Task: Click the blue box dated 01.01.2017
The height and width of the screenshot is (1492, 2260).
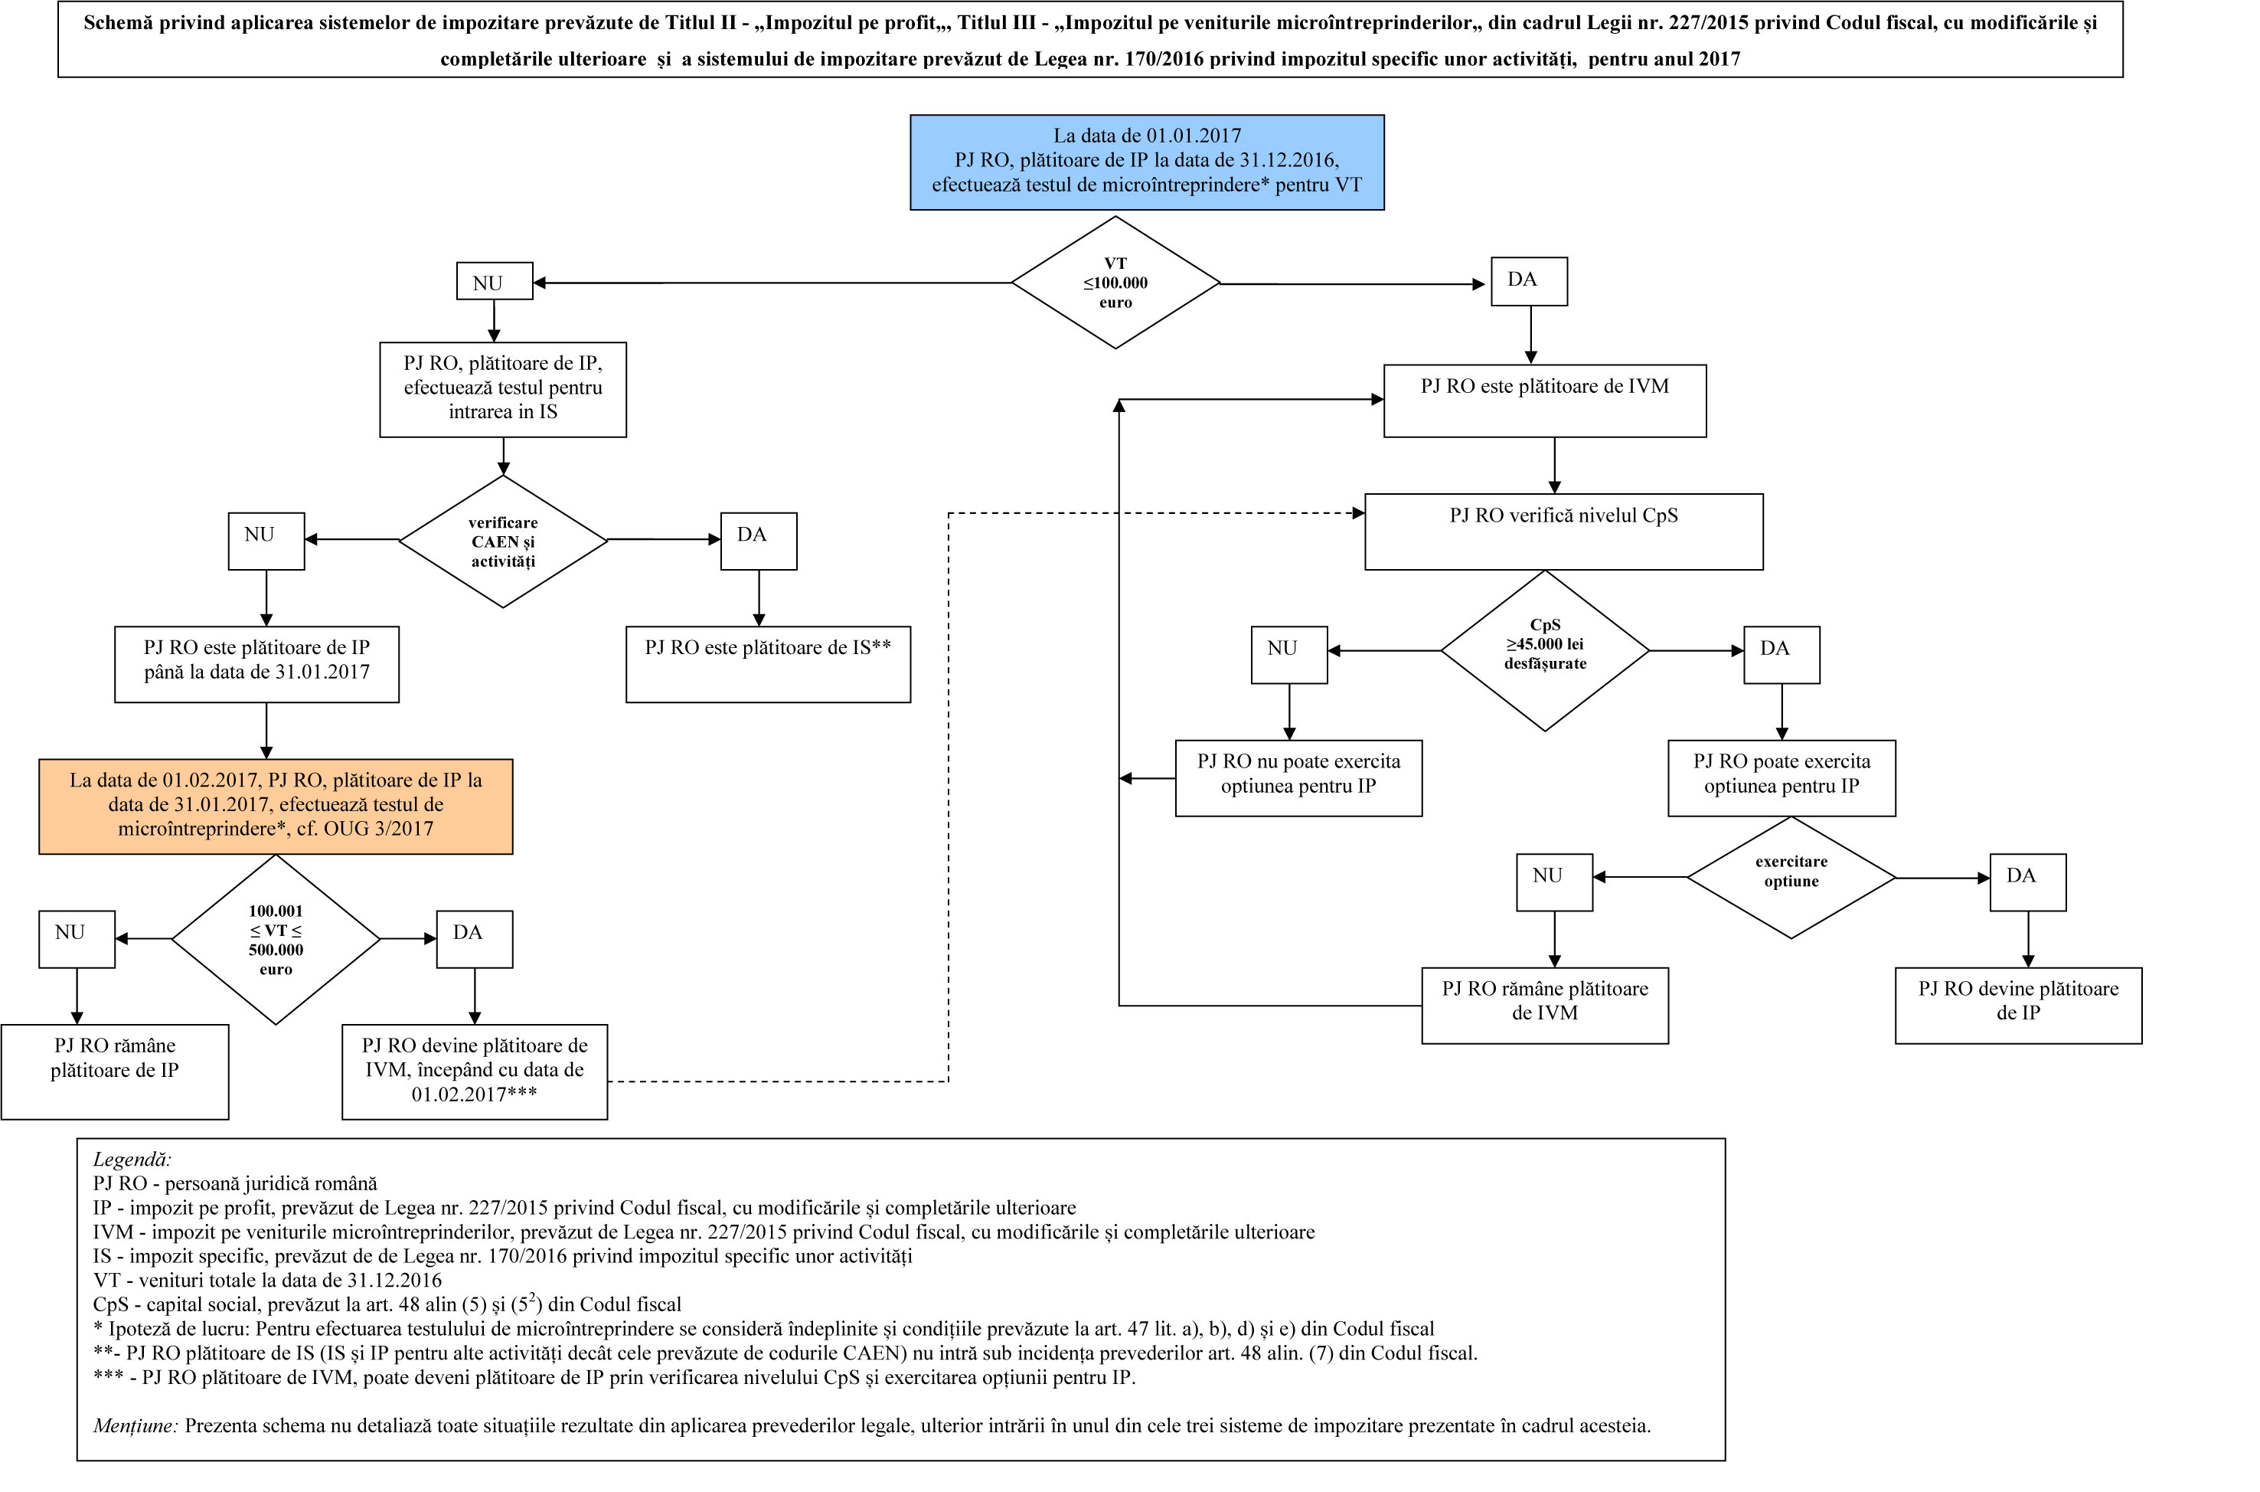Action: tap(1146, 162)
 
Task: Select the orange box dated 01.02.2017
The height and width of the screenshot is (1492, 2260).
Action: tap(275, 806)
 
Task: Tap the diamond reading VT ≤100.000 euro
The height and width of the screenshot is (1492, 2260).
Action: tap(1115, 283)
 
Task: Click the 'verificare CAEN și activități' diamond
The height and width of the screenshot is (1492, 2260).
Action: tap(502, 541)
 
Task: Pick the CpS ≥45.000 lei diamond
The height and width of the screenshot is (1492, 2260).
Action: tap(1545, 650)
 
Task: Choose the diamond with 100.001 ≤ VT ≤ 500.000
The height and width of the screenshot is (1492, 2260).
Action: tap(275, 939)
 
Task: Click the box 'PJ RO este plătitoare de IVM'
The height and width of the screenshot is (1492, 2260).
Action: tap(1545, 401)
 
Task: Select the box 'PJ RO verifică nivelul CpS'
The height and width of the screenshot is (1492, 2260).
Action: tap(1564, 531)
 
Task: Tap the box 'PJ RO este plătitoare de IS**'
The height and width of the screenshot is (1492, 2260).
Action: tap(768, 664)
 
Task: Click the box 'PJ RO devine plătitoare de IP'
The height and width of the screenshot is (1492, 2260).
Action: tap(2018, 1006)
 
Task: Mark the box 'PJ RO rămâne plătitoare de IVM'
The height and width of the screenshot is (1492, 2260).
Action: tap(1545, 1006)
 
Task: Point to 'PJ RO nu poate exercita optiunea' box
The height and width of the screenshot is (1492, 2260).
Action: tap(1298, 778)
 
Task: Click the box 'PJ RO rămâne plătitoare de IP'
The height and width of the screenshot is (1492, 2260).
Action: tap(114, 1072)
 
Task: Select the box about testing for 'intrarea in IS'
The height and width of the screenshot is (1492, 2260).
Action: tap(502, 389)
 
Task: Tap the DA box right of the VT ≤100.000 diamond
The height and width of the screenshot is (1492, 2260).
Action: tap(1529, 282)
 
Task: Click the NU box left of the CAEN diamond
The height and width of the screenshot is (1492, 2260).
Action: tap(266, 542)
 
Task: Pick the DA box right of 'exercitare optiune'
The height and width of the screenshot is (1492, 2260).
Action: tap(2028, 882)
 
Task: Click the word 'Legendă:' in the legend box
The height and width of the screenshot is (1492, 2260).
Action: tap(132, 1160)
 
